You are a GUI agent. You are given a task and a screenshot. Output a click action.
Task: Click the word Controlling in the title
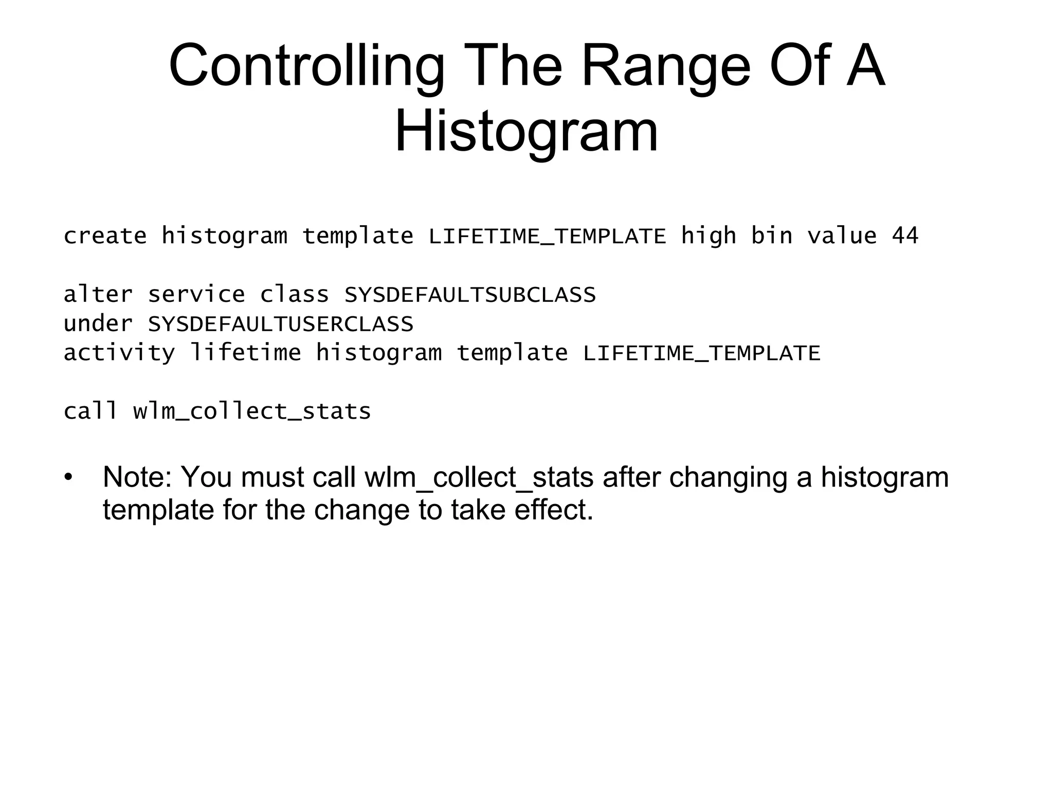[306, 67]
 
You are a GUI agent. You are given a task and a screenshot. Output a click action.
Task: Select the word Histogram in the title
[526, 133]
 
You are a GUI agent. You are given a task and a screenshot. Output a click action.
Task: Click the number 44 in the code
[905, 236]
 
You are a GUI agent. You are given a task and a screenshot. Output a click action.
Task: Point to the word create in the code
[105, 236]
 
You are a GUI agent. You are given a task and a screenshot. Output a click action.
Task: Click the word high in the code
[709, 236]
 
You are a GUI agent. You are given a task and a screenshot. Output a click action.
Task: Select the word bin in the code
[771, 236]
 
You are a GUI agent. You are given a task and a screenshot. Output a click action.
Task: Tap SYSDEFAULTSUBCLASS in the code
[470, 295]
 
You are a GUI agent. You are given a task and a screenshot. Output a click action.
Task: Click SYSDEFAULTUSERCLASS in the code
[281, 324]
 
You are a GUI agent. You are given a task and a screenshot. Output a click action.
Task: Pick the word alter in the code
[98, 295]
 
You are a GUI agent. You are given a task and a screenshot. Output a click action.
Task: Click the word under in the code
[98, 324]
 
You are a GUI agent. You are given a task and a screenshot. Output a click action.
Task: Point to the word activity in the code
[119, 353]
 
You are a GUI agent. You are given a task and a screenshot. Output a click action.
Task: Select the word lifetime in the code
[245, 353]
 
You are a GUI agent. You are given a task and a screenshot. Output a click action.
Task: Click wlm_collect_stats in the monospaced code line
[252, 411]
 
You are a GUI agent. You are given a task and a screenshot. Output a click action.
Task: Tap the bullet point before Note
[69, 477]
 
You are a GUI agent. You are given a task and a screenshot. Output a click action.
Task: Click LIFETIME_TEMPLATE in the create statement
[547, 236]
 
